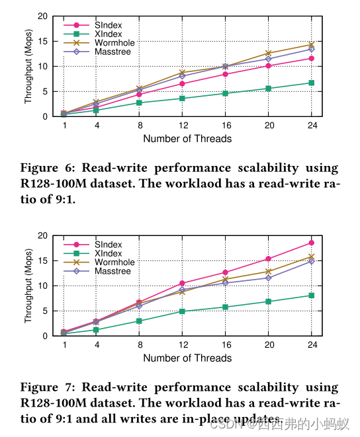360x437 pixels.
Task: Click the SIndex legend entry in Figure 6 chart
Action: tap(109, 25)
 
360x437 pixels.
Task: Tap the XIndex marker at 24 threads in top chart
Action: tap(311, 83)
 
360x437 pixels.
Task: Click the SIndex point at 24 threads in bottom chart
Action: tap(311, 243)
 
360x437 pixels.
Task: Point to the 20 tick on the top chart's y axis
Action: tap(42, 16)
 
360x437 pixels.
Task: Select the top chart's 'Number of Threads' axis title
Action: tap(187, 139)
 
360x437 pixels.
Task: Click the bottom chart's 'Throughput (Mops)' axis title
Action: tap(28, 286)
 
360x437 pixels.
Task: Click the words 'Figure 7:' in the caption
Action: tap(44, 387)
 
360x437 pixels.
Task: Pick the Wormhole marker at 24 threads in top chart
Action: tap(311, 44)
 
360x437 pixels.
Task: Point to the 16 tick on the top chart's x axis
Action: tap(225, 125)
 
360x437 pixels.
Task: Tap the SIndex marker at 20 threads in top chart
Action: tap(268, 65)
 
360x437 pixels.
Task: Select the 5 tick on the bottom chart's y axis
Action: tap(45, 311)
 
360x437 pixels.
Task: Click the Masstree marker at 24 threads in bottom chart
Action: tap(311, 261)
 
